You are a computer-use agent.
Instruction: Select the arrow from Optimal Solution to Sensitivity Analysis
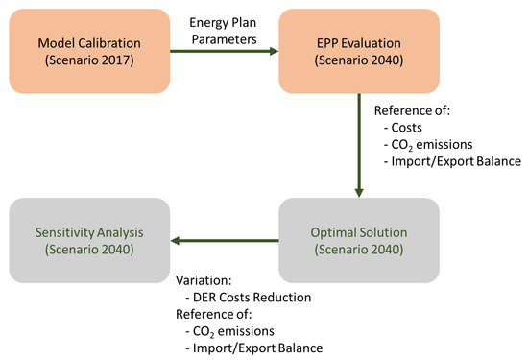click(x=221, y=241)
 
